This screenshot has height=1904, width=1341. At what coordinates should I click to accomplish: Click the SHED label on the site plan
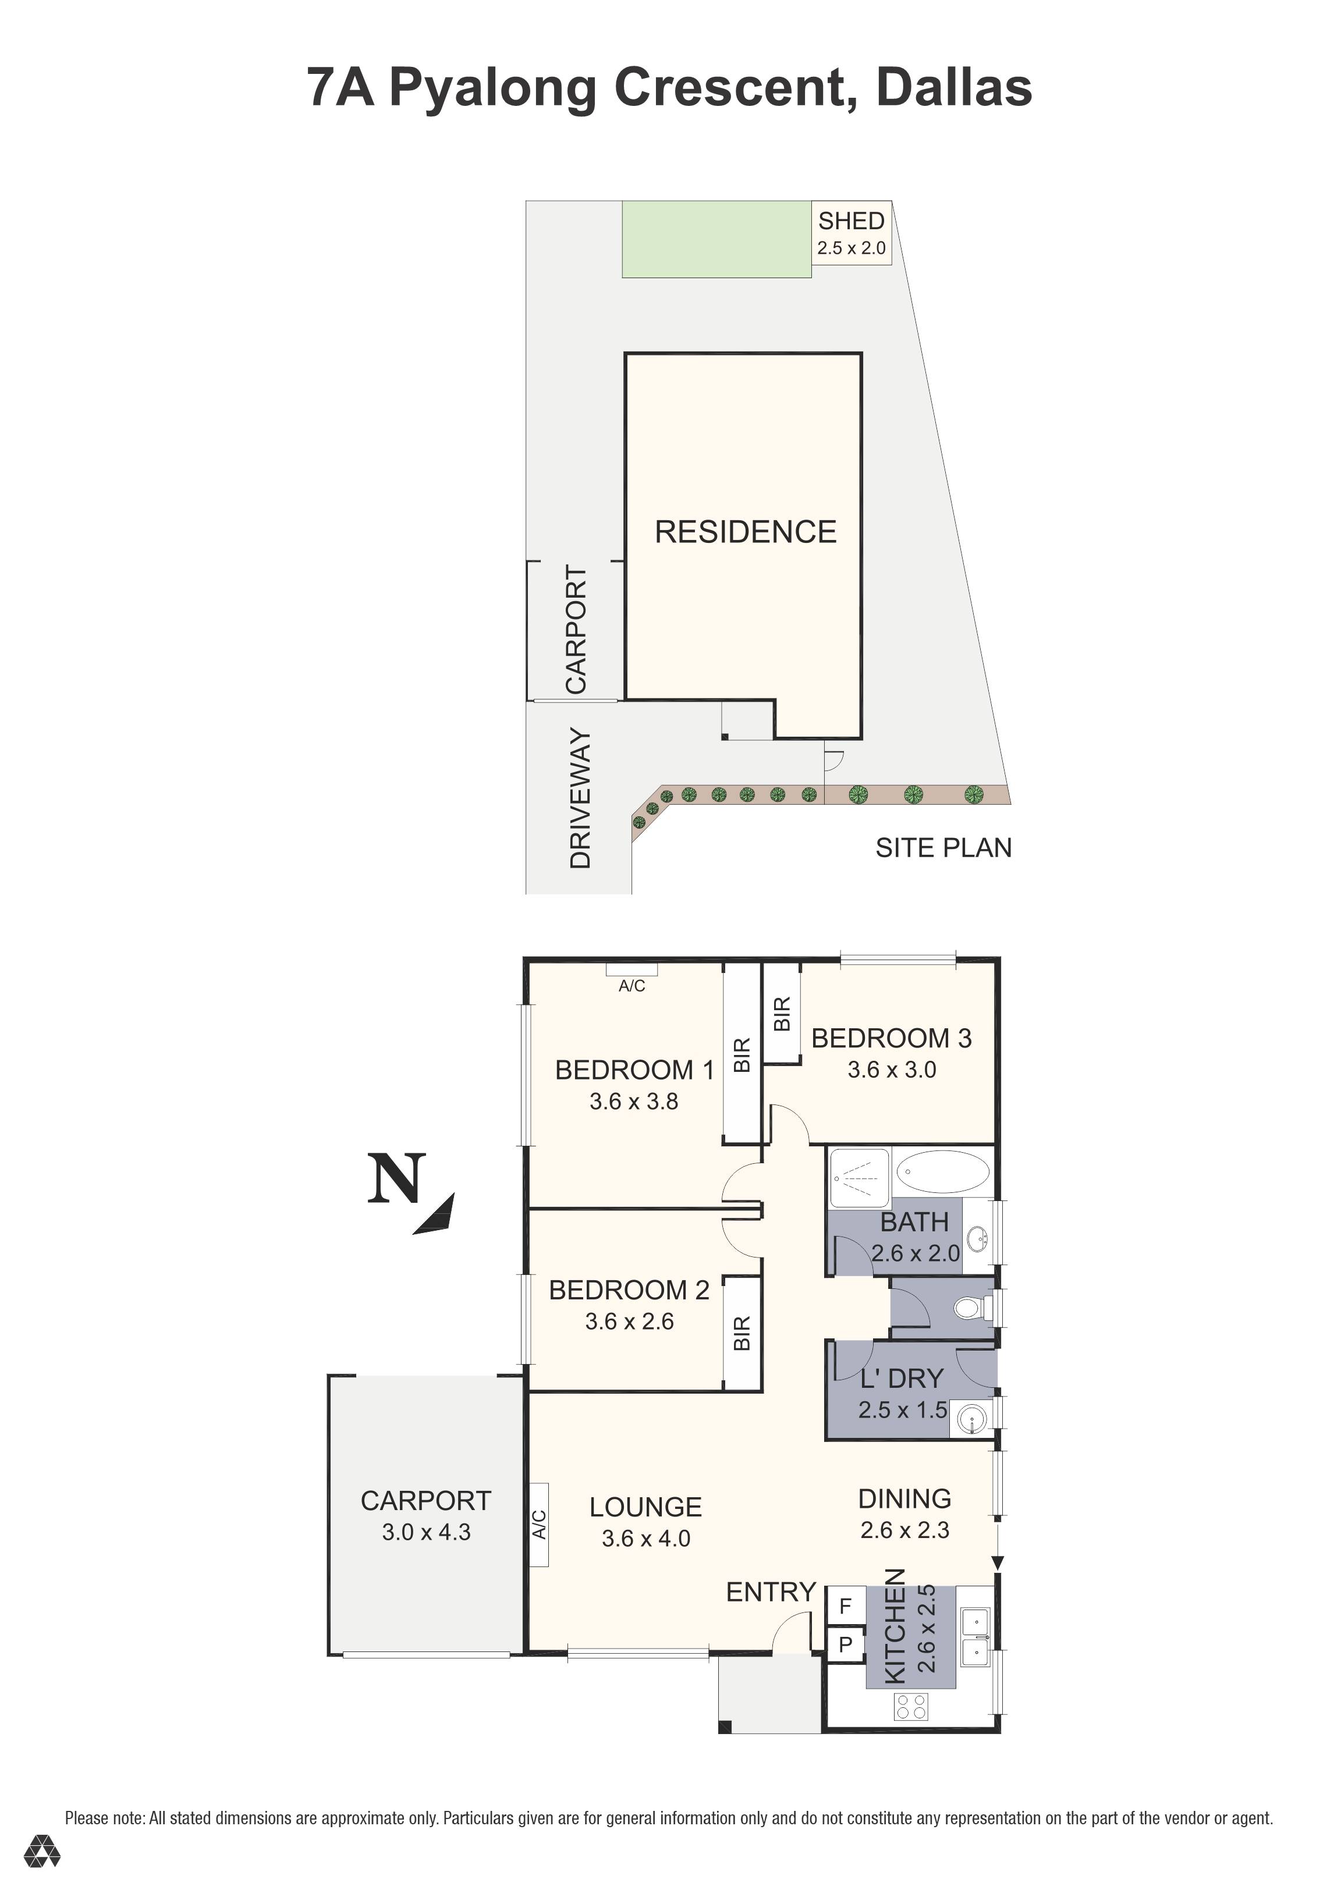pyautogui.click(x=851, y=221)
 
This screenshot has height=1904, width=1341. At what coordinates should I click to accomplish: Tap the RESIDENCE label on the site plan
pyautogui.click(x=746, y=532)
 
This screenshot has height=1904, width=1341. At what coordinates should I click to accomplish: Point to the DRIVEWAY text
pyautogui.click(x=580, y=798)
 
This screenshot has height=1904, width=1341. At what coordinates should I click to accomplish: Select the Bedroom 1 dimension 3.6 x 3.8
pyautogui.click(x=634, y=1102)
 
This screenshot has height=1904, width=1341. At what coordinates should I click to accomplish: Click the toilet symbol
pyautogui.click(x=970, y=1309)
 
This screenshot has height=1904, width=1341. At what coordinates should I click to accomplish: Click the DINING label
pyautogui.click(x=904, y=1498)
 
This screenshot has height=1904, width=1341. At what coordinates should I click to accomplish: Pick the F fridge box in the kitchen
pyautogui.click(x=845, y=1606)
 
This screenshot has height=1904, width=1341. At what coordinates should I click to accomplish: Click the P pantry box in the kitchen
pyautogui.click(x=845, y=1644)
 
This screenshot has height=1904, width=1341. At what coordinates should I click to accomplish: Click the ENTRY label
pyautogui.click(x=771, y=1592)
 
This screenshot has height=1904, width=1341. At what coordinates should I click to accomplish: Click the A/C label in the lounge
pyautogui.click(x=539, y=1524)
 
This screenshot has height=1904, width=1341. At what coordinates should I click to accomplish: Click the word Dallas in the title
pyautogui.click(x=954, y=88)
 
